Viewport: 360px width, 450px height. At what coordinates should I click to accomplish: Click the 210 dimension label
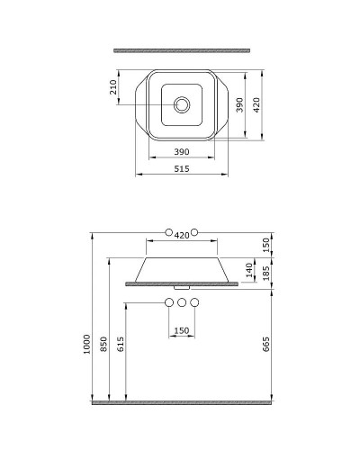pyautogui.click(x=113, y=87)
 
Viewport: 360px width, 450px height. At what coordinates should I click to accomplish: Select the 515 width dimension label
pyautogui.click(x=182, y=169)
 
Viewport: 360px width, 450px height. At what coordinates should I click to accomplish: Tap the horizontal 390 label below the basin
pyautogui.click(x=182, y=152)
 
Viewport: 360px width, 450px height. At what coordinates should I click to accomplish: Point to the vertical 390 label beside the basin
pyautogui.click(x=239, y=104)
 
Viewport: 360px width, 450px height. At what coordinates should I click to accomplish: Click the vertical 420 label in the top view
pyautogui.click(x=256, y=104)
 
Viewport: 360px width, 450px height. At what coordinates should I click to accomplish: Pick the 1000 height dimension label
pyautogui.click(x=86, y=344)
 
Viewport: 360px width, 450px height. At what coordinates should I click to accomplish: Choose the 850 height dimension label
pyautogui.click(x=103, y=344)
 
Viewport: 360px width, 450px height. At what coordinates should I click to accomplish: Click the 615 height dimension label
pyautogui.click(x=121, y=344)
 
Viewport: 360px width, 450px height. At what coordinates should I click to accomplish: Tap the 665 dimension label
pyautogui.click(x=266, y=344)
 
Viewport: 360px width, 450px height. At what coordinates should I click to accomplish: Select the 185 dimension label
pyautogui.click(x=266, y=273)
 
